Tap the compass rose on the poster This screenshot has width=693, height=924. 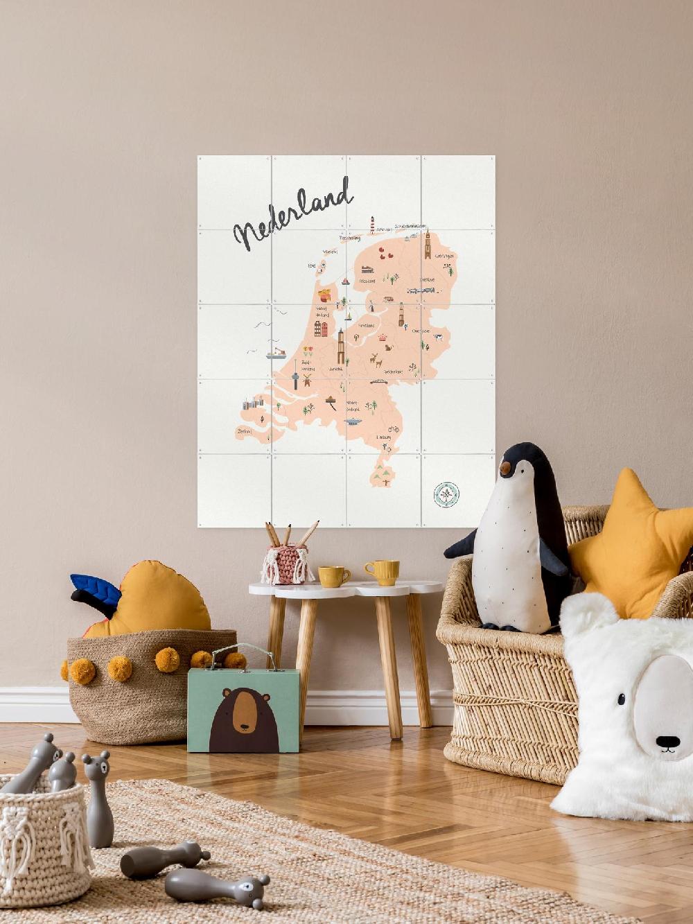pos(446,494)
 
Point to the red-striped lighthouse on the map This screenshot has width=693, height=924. pos(372,225)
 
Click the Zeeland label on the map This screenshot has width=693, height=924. pos(244,431)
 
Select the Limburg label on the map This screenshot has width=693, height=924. pos(383,438)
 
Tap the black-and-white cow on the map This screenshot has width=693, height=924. pos(438,337)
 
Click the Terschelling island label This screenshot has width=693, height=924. pos(350,238)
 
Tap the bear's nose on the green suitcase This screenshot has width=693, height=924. pos(242,729)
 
